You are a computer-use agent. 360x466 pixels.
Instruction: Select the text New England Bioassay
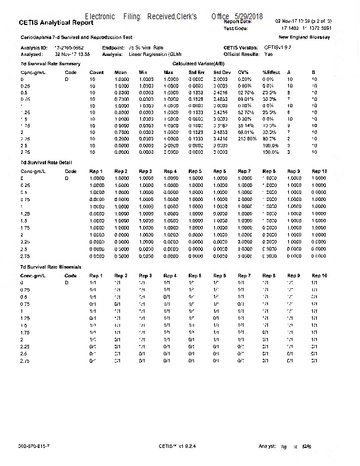point(316,37)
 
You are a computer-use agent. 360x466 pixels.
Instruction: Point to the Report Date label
point(238,22)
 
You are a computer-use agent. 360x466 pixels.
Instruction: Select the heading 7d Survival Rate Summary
point(47,63)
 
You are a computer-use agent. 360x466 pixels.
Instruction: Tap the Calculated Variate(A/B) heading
point(198,63)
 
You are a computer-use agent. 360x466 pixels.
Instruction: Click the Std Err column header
point(196,72)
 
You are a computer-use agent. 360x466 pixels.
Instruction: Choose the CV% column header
point(243,72)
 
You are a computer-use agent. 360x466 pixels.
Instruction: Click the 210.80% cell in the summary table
point(246,139)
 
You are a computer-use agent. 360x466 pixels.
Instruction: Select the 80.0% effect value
point(269,139)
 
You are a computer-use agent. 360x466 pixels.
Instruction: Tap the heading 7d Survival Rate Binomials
point(51,266)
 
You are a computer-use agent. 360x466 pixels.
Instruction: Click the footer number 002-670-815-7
point(34,446)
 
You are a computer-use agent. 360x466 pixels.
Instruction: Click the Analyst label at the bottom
point(267,446)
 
